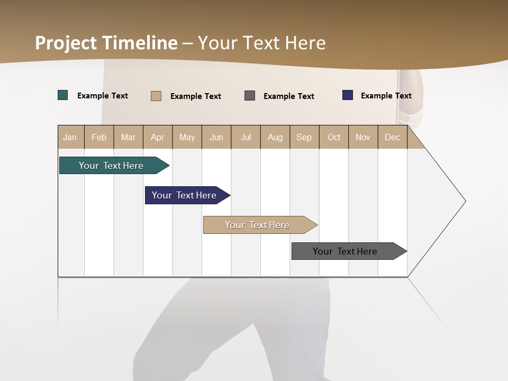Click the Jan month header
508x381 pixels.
70,137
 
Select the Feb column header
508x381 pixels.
99,137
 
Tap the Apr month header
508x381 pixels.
158,137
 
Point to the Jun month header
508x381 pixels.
216,137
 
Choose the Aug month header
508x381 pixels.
275,137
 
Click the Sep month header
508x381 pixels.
304,137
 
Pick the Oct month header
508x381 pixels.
334,137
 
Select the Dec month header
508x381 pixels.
393,137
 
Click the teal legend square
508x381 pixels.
63,95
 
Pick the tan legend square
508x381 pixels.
156,96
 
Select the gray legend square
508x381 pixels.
250,95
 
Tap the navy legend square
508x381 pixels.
348,95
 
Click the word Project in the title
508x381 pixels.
66,43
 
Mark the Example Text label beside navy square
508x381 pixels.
386,96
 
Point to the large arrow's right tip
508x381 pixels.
465,201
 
